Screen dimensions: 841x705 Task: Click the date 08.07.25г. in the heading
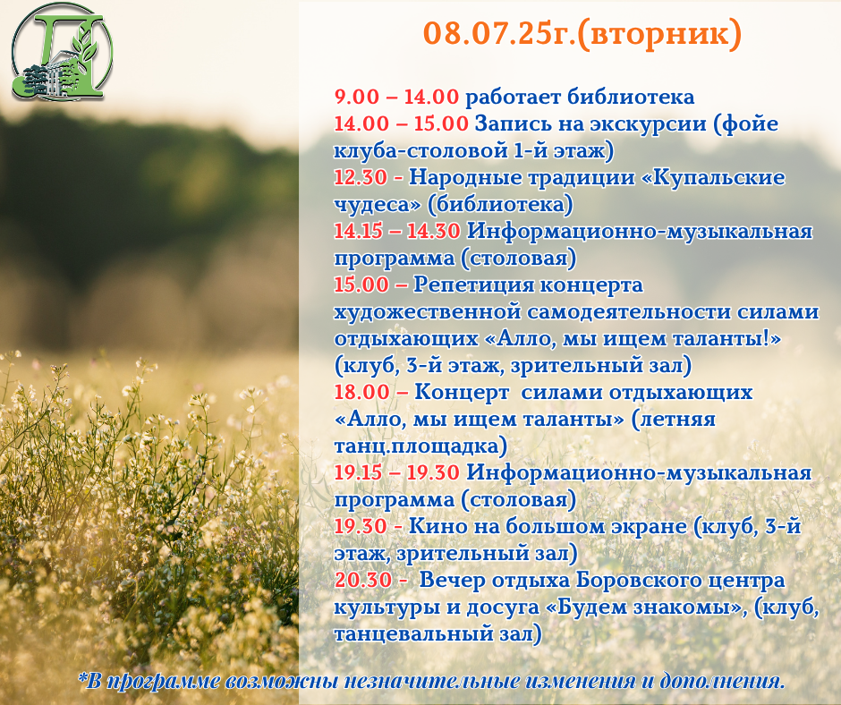tap(499, 33)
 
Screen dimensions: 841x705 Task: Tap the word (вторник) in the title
tap(659, 34)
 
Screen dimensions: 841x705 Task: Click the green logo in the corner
tap(63, 52)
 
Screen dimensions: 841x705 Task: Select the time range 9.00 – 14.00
tap(396, 98)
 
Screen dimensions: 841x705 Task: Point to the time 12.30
tap(361, 177)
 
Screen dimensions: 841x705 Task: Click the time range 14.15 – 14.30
tap(397, 231)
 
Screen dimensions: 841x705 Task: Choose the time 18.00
tap(361, 392)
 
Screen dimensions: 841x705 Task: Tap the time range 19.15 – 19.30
tap(397, 472)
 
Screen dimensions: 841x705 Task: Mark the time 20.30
tap(363, 580)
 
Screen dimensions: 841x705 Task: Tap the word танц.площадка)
tap(420, 446)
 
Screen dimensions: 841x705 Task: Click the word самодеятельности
tap(629, 312)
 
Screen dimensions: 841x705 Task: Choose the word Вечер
tap(452, 580)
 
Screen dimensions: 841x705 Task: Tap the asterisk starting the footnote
tap(82, 677)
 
